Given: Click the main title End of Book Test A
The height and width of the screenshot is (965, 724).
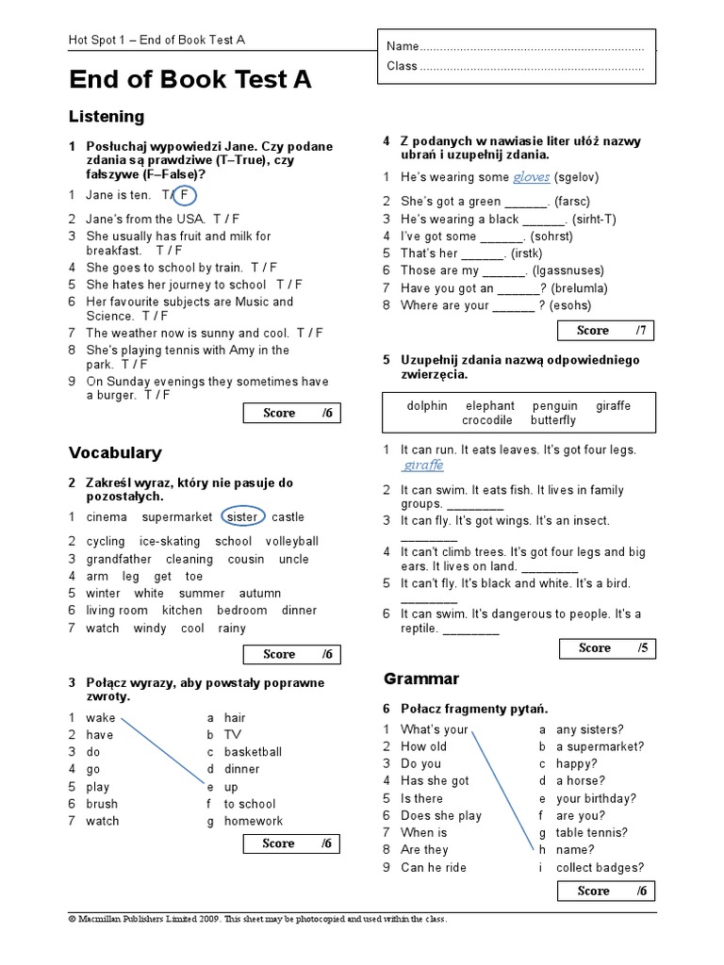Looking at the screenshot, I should [x=189, y=80].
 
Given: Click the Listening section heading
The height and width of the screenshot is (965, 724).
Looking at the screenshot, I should [x=107, y=117].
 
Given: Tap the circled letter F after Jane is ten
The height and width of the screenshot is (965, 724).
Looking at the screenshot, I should [x=185, y=195].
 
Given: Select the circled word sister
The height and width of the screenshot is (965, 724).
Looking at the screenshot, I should [x=242, y=516].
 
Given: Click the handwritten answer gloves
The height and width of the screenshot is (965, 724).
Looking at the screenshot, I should [x=531, y=177].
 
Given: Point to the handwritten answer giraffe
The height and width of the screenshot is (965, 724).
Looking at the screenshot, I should [x=422, y=466].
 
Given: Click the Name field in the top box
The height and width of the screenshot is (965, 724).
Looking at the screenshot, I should [x=515, y=46].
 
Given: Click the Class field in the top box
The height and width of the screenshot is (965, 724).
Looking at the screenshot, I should [x=515, y=66].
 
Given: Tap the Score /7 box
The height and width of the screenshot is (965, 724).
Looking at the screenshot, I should [x=603, y=331].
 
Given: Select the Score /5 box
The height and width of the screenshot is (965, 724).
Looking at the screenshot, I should [x=605, y=648].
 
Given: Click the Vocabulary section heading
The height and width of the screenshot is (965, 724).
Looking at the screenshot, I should [x=115, y=453].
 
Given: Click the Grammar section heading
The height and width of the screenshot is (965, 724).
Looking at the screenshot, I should [x=421, y=679].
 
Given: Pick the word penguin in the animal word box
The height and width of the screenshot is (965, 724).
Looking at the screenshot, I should [x=554, y=406].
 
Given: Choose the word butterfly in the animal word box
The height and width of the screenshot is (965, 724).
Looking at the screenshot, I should [x=552, y=420].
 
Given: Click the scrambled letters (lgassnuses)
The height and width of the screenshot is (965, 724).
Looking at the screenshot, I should [x=550, y=270].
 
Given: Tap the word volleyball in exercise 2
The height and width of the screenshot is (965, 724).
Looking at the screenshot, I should [x=291, y=541].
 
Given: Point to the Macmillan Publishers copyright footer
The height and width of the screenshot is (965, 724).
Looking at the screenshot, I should [x=258, y=919].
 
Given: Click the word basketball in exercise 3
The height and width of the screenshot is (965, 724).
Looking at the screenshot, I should [x=253, y=752].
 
